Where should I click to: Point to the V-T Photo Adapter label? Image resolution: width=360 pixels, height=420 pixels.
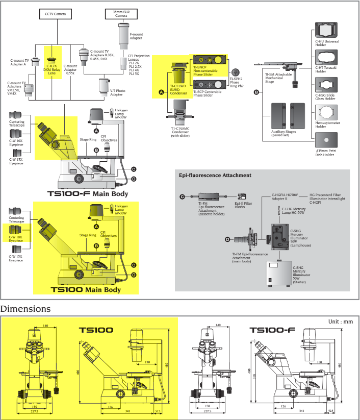pyautogui.click(x=117, y=93)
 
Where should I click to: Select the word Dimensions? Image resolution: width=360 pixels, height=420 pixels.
pyautogui.click(x=25, y=309)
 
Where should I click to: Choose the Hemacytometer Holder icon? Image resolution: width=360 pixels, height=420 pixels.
pyautogui.click(x=326, y=112)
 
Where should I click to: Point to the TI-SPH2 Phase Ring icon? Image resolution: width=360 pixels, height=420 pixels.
pyautogui.click(x=236, y=72)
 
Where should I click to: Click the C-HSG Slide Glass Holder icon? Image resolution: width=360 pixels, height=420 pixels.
pyautogui.click(x=326, y=84)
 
